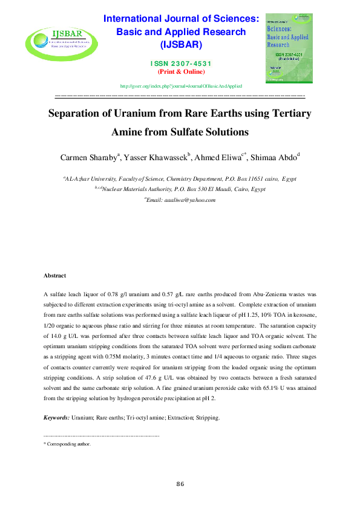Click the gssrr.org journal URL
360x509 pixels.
click(180, 87)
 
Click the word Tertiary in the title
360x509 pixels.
click(286, 114)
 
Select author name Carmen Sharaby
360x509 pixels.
click(89, 158)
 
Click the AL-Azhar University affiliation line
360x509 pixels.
click(180, 179)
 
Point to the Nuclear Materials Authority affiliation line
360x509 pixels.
click(180, 189)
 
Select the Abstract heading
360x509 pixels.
click(55, 276)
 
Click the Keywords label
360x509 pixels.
click(57, 418)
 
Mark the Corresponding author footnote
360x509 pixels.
click(68, 444)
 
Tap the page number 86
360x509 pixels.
click(180, 484)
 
